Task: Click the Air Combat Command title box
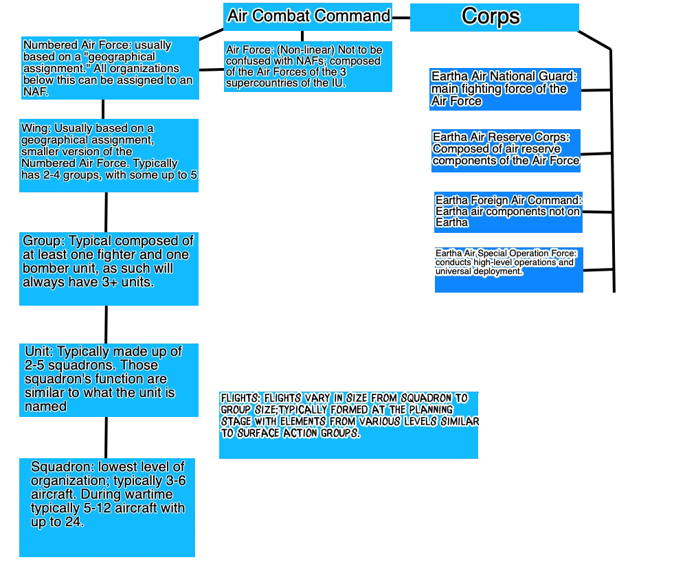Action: (308, 16)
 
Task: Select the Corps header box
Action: (494, 16)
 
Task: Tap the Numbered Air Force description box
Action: (110, 69)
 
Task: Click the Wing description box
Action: (110, 153)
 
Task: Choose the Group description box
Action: (110, 269)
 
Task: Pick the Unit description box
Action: (110, 379)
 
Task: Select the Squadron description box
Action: (108, 507)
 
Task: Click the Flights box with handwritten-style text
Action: (347, 425)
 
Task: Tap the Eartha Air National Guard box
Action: (506, 89)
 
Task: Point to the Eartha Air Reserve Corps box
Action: (506, 150)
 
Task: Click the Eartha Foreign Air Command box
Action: (508, 211)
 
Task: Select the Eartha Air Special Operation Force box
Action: (510, 271)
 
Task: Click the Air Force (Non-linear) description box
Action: (308, 67)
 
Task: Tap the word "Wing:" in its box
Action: (36, 128)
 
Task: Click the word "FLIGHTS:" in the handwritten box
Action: (240, 398)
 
